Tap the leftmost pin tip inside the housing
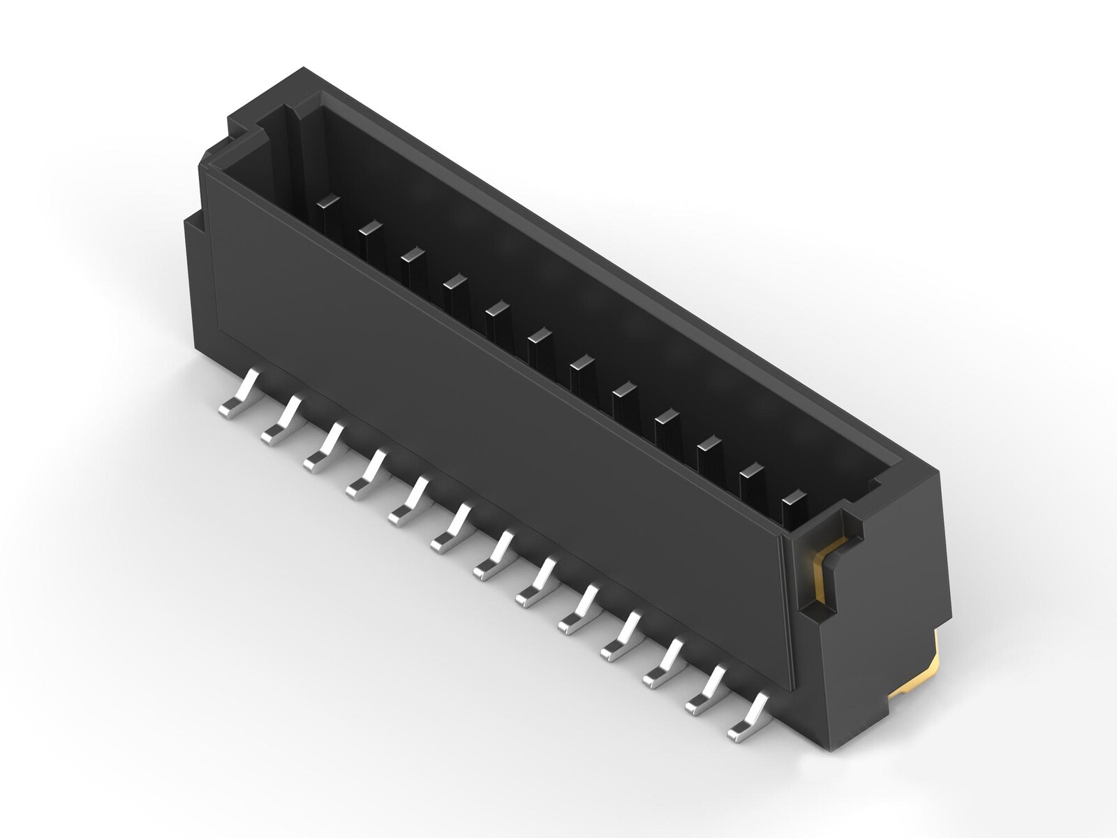[327, 202]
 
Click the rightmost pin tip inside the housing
[794, 499]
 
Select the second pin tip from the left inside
[370, 227]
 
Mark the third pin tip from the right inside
[709, 443]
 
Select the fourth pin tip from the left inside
[454, 281]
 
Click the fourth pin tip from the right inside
[667, 416]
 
